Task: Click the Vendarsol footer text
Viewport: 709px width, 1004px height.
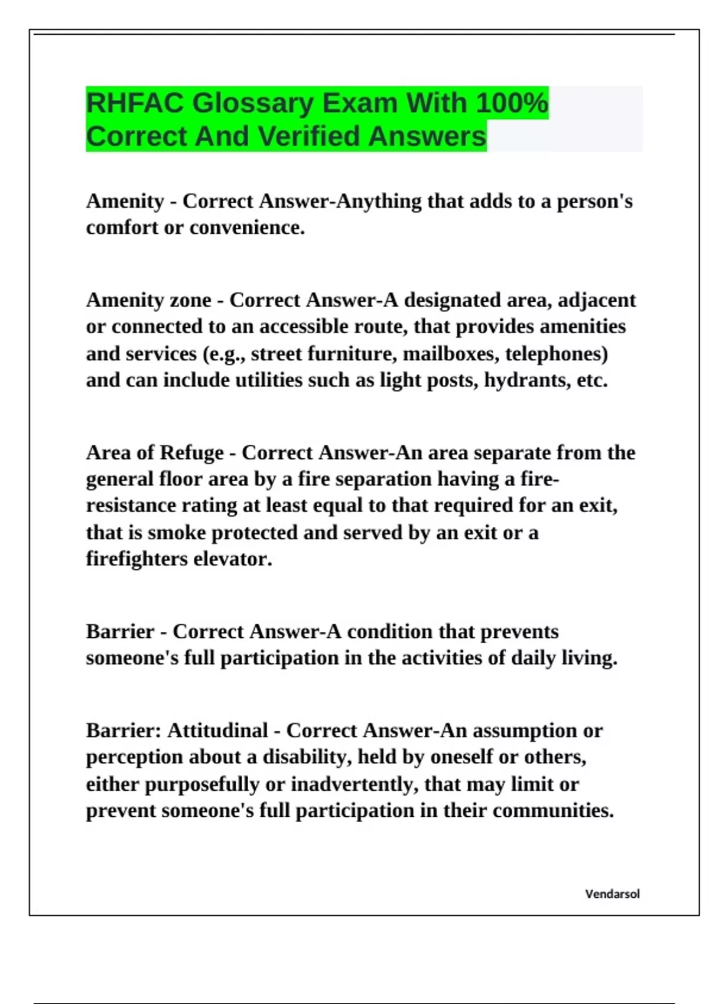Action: [612, 894]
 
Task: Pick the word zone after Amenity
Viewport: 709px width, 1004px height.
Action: [190, 301]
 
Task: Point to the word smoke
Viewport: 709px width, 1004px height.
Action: [176, 533]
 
